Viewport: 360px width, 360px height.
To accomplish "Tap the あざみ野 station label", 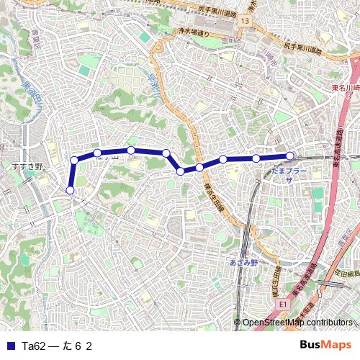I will coord(243,263).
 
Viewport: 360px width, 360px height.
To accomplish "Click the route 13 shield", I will coord(246,22).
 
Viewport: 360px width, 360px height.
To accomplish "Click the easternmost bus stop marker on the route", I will coord(289,156).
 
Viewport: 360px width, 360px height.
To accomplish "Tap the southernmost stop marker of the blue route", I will coord(70,190).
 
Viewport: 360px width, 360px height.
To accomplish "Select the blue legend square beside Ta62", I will coord(9,346).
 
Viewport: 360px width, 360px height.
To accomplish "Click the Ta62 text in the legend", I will coord(34,346).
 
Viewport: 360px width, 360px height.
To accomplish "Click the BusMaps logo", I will coord(325,345).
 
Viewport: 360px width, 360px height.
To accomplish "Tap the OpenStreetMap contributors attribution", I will coord(297,323).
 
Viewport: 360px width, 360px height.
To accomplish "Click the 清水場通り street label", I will coord(193,33).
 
